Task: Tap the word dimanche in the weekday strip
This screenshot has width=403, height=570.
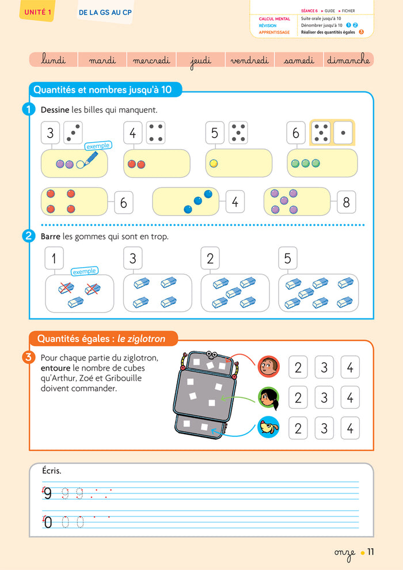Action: (x=348, y=60)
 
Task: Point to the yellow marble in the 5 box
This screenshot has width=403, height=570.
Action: (x=214, y=164)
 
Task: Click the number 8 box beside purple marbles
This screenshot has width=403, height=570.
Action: (x=346, y=202)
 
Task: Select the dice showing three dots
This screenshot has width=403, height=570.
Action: (x=73, y=132)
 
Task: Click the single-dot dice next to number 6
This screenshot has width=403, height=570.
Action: (x=343, y=132)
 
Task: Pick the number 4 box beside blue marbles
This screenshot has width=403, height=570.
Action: (x=235, y=202)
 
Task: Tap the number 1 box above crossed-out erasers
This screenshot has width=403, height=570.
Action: (x=54, y=259)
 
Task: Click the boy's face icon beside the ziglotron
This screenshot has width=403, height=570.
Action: (x=268, y=366)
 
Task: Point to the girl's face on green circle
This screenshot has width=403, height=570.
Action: (x=268, y=397)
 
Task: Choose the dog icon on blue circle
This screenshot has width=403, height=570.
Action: (x=268, y=428)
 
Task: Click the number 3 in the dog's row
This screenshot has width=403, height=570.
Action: (x=324, y=428)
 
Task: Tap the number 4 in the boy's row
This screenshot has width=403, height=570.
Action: (x=350, y=367)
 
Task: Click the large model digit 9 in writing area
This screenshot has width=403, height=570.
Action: (x=48, y=493)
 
